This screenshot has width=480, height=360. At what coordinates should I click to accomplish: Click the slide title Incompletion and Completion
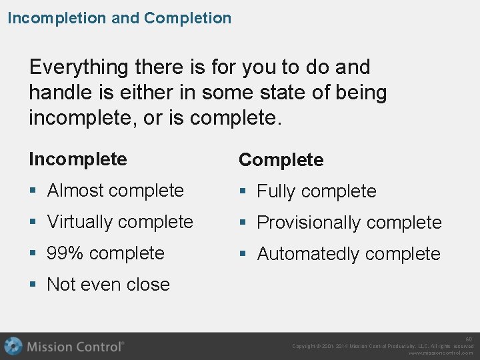119,18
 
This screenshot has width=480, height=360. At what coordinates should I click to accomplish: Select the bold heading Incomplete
77,159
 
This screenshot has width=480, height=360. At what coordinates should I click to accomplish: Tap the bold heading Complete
281,160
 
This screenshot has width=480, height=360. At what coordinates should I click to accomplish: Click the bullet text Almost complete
115,191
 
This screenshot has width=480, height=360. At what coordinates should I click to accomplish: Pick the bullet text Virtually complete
120,222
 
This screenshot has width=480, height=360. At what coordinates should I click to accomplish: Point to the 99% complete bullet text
105,253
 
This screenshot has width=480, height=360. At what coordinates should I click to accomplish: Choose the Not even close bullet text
108,285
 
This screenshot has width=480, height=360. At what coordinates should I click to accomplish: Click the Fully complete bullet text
317,191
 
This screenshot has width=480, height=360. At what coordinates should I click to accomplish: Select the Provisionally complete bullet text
349,223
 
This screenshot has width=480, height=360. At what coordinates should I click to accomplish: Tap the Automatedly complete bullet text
348,254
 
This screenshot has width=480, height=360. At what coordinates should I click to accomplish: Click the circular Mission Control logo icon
13,346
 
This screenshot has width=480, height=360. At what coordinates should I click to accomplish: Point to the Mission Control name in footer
75,347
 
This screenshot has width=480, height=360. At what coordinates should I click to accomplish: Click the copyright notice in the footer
383,346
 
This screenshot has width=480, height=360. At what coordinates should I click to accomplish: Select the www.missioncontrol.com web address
441,353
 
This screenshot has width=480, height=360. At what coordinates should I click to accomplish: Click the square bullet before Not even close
33,285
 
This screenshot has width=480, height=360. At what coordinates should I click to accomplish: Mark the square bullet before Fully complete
243,192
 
